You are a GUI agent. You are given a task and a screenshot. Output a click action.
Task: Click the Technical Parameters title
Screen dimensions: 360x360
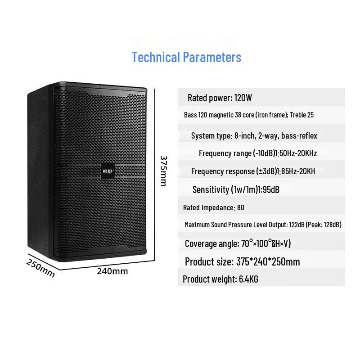186,58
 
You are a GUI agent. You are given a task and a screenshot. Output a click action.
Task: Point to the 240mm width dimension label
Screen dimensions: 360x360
112,271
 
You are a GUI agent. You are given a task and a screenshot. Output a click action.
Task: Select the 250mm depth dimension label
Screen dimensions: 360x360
40,267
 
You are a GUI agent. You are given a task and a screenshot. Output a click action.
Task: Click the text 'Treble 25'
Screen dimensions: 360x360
301,115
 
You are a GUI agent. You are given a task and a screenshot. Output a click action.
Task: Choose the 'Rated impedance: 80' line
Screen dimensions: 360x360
214,207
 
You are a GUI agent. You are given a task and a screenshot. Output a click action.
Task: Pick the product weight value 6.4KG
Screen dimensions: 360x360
248,279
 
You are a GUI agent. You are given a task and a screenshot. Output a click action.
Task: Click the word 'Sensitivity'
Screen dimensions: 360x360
211,189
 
